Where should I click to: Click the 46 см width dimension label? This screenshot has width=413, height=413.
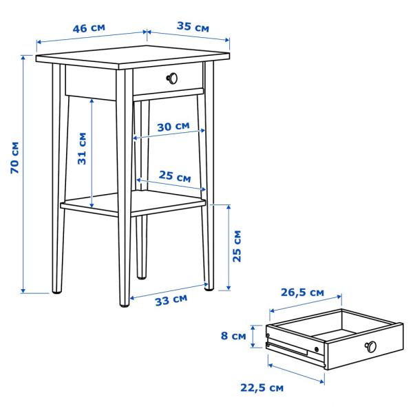click(x=89, y=29)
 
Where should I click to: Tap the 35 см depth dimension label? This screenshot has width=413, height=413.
click(x=192, y=28)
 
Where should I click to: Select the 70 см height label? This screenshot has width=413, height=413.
click(x=14, y=158)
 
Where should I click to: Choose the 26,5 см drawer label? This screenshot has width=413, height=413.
click(x=302, y=292)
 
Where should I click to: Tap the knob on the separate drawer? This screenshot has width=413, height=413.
click(x=372, y=346)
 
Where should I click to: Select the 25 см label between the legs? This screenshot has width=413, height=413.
click(x=175, y=176)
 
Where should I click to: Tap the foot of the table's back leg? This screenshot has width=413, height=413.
click(x=141, y=277)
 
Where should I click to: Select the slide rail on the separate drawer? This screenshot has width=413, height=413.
click(x=289, y=348)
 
